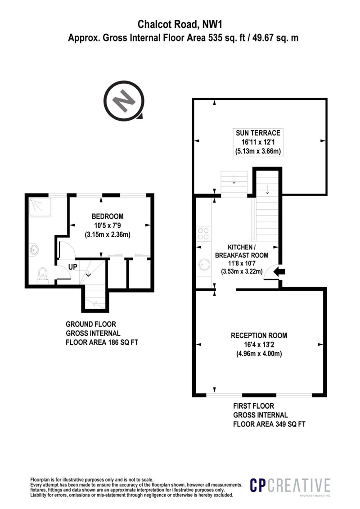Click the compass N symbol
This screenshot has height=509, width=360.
tap(124, 101)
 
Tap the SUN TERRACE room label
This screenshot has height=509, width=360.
tap(258, 133)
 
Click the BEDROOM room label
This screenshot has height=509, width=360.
tap(108, 216)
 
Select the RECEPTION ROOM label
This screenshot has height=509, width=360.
tap(259, 335)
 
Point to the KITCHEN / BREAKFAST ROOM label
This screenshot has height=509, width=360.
tap(242, 251)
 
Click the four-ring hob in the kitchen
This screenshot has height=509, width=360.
tap(203, 234)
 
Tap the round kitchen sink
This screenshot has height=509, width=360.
tap(204, 265)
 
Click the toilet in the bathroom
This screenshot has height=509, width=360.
tap(42, 275)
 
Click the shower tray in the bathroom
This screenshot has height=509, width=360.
tap(40, 207)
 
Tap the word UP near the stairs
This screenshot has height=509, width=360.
tap(73, 267)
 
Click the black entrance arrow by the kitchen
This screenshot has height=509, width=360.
tap(279, 272)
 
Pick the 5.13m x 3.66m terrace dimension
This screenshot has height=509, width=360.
tap(258, 151)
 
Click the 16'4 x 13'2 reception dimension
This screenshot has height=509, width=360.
tap(259, 345)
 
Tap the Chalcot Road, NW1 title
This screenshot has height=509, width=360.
tap(180, 24)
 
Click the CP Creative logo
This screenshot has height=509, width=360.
tap(290, 486)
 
